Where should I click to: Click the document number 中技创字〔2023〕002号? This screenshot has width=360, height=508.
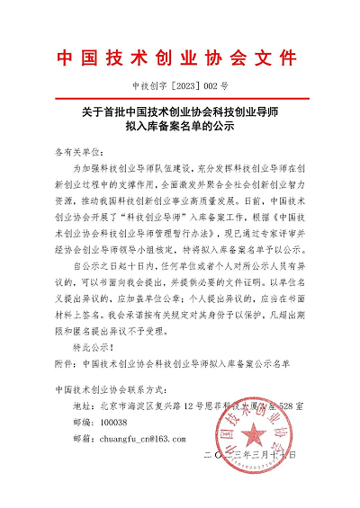179,87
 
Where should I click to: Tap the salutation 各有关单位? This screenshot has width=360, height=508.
77,154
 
